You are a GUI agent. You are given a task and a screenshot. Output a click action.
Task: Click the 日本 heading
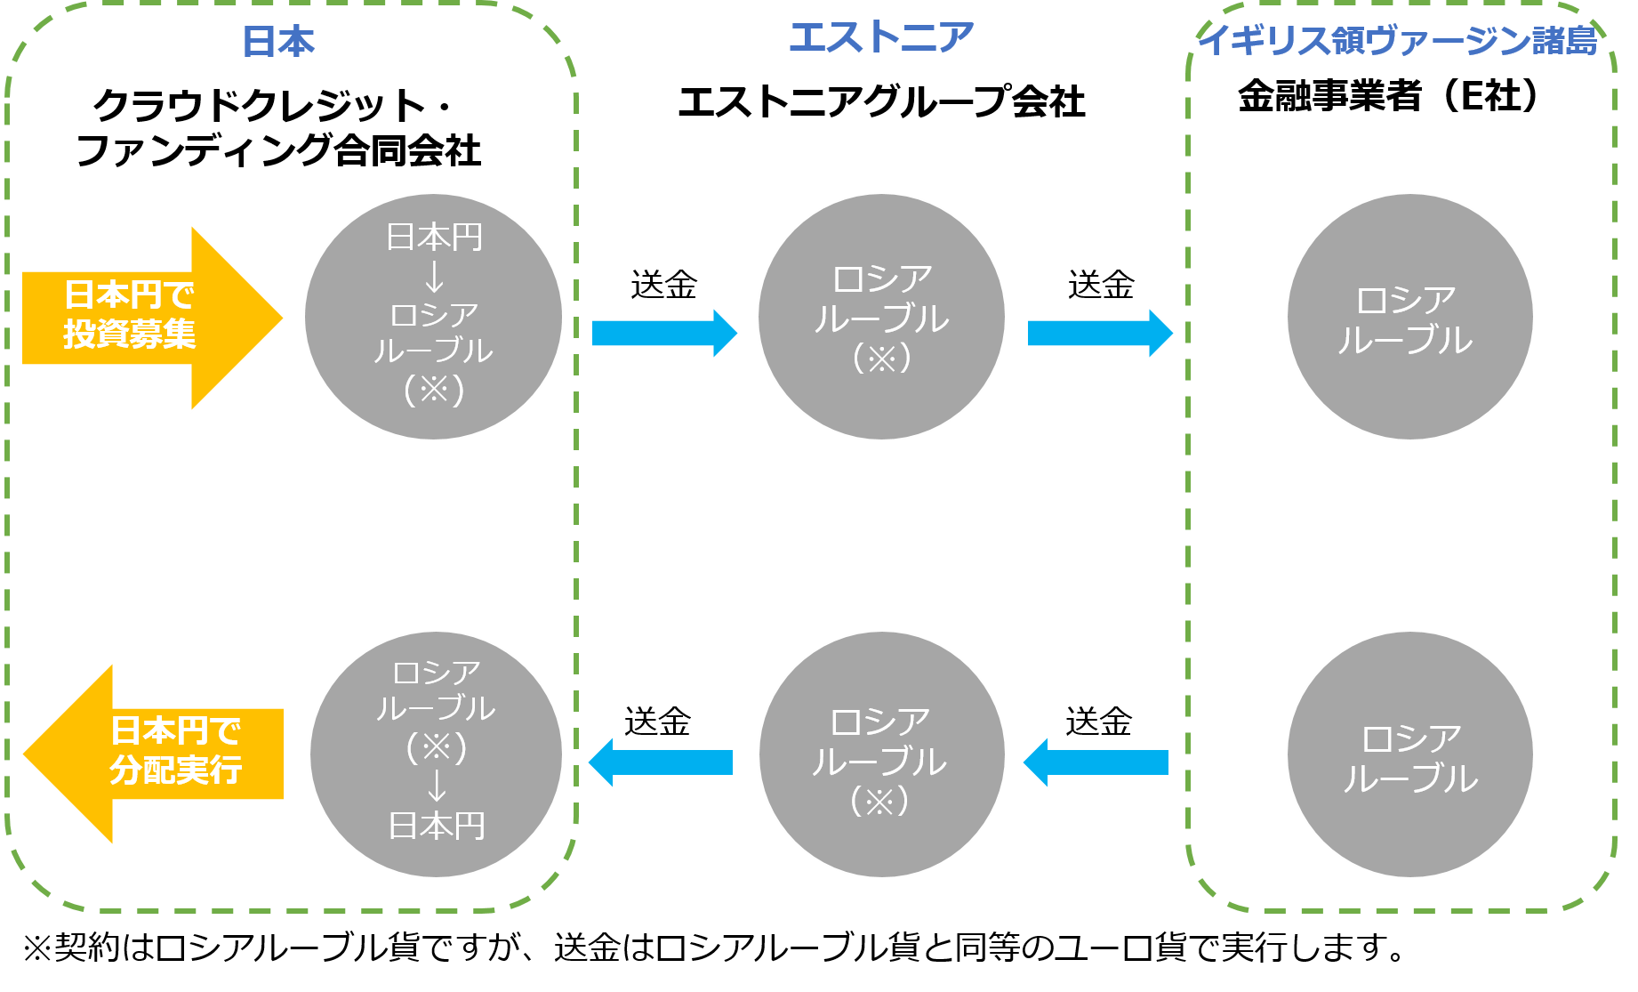tap(278, 42)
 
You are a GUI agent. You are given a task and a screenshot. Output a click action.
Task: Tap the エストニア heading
tap(881, 37)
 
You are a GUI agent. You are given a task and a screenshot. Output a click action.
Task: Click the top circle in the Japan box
tap(433, 317)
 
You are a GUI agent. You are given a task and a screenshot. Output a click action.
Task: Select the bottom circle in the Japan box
tap(436, 754)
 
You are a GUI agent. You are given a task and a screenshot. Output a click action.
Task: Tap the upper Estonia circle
tap(881, 317)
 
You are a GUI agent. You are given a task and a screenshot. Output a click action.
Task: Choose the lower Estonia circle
tap(881, 754)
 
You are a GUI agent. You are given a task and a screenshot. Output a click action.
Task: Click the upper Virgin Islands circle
tap(1409, 317)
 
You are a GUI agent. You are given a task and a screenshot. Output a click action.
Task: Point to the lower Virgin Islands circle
tap(1409, 754)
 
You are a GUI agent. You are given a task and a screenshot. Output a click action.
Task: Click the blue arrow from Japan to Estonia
tap(663, 334)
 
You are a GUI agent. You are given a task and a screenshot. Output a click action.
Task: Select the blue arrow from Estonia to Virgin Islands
tap(1099, 334)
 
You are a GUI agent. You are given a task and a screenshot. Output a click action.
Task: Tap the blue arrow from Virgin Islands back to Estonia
tap(1096, 762)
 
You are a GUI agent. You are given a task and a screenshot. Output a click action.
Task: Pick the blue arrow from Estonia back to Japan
tap(661, 762)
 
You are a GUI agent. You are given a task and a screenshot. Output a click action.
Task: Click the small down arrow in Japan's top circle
tap(434, 276)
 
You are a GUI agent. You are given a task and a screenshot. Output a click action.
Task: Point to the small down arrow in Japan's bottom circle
tap(437, 786)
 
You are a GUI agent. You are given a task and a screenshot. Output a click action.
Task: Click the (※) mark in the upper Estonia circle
tap(881, 359)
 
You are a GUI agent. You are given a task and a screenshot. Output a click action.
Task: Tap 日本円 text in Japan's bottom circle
tap(437, 827)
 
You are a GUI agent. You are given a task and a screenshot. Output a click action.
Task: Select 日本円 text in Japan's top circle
tap(434, 238)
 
